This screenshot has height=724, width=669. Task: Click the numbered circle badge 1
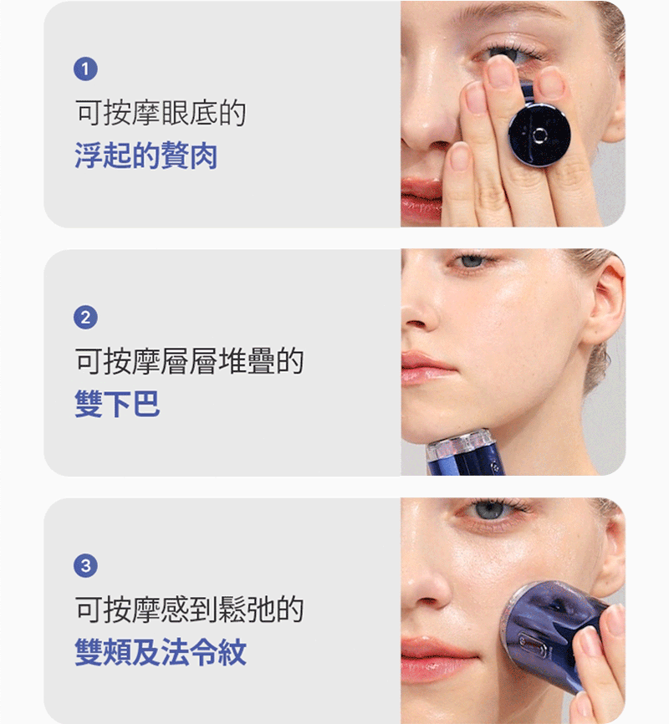85,69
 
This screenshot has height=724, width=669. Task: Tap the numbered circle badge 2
85,317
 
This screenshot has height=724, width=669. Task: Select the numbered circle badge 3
85,566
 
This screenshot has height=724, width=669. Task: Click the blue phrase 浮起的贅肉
146,156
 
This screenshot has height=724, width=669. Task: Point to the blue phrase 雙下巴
117,404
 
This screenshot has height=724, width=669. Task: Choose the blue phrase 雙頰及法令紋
161,652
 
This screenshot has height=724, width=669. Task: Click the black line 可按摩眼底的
161,113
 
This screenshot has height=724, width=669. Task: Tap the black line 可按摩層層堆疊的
190,360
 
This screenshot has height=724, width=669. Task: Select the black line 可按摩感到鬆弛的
190,609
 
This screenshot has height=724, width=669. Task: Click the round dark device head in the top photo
539,135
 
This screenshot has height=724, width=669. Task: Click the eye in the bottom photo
491,511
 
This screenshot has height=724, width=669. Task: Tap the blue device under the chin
465,453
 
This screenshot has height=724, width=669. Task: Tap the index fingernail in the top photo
500,72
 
